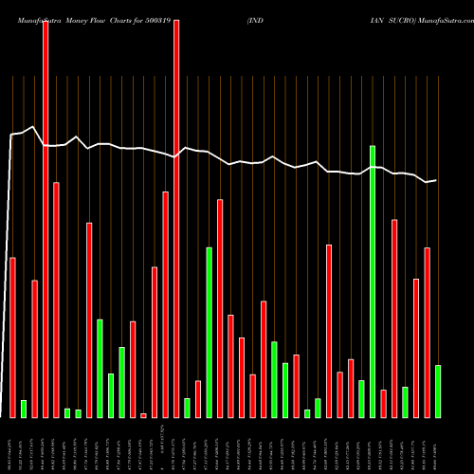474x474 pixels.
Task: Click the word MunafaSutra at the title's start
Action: point(29,9)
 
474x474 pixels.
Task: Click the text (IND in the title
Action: point(256,9)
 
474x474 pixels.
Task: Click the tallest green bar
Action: point(373,282)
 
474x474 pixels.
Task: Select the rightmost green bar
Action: point(438,391)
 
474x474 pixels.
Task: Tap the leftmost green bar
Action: point(24,409)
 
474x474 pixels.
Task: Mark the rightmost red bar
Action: point(427,332)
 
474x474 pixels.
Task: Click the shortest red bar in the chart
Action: point(143,415)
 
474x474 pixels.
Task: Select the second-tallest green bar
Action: point(209,332)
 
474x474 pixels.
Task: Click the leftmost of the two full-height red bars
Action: point(46,218)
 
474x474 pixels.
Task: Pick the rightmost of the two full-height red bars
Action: point(176,218)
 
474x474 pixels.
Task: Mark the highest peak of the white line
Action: point(33,126)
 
